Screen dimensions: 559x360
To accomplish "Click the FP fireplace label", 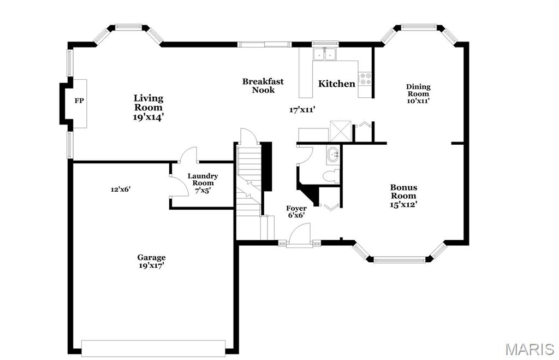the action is (x=79, y=101).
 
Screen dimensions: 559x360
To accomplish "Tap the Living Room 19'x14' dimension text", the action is (x=148, y=117).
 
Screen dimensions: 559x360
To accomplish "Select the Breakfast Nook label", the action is (x=263, y=86).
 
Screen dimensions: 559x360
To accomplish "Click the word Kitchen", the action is (x=336, y=84).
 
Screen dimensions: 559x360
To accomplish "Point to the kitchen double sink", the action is (x=325, y=55).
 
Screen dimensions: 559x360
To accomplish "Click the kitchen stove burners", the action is (x=365, y=79).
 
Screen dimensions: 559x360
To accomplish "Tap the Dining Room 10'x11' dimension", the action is (x=418, y=101).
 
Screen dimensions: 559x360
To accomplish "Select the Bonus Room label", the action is (x=403, y=192).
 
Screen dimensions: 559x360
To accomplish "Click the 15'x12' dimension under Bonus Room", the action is (x=403, y=205).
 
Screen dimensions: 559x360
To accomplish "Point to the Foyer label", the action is (x=296, y=208).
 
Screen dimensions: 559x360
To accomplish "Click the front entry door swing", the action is (x=300, y=234).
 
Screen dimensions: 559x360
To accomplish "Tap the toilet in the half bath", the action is (x=331, y=176).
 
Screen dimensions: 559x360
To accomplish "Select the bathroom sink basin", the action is (x=333, y=155).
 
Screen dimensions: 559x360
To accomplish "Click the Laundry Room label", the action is (x=203, y=180).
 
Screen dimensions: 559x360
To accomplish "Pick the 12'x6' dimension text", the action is (x=121, y=190).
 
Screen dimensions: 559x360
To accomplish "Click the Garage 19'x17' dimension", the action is (x=151, y=266).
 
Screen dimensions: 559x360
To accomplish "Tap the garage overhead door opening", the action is (x=153, y=348).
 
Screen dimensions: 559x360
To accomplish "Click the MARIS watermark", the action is (x=530, y=349).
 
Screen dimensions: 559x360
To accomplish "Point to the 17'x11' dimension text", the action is (x=302, y=110).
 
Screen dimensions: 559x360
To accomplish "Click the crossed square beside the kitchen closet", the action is (x=341, y=132).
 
